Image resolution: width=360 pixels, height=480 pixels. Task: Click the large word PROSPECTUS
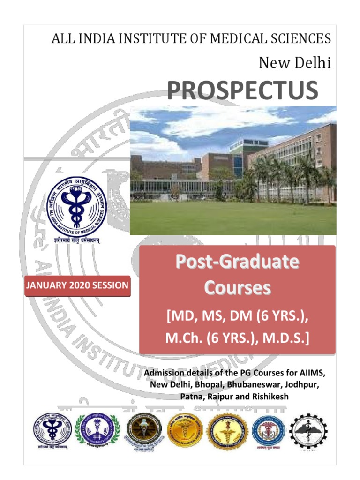[x=242, y=91]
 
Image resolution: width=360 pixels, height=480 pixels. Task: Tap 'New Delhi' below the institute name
[x=295, y=63]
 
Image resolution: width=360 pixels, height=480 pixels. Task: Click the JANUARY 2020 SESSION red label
[x=77, y=285]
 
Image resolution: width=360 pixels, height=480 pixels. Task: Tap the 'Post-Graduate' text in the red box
[x=237, y=262]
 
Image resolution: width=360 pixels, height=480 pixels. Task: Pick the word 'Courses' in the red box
[x=237, y=288]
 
